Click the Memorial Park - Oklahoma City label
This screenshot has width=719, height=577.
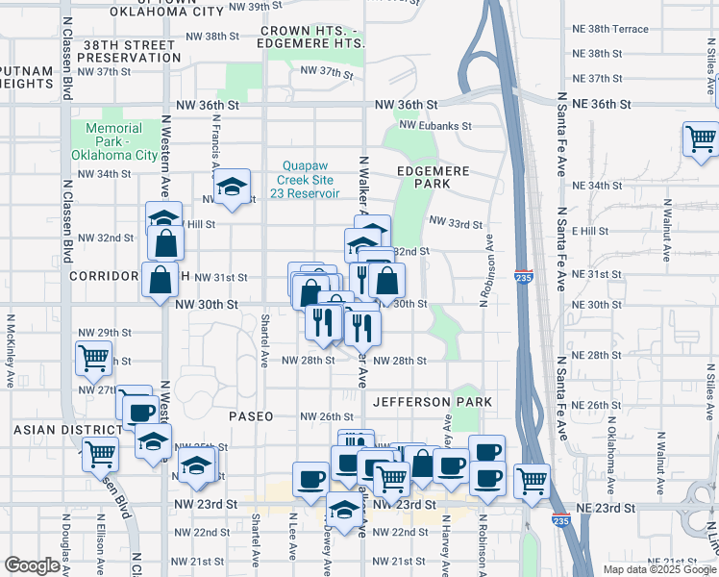[x=120, y=141]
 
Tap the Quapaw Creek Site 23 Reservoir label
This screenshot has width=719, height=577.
[x=309, y=179]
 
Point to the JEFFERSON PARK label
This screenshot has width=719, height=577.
[x=433, y=402]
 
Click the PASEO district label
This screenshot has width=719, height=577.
[x=251, y=416]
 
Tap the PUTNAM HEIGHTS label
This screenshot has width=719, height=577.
[x=26, y=78]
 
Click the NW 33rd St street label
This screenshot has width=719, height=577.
[x=455, y=224]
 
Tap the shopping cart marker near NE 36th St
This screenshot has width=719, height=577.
[x=701, y=138]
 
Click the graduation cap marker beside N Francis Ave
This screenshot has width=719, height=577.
[x=232, y=188]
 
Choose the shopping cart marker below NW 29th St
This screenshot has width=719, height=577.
[x=94, y=358]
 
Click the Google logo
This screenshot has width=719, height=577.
[x=32, y=566]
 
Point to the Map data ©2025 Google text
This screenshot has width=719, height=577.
[x=658, y=569]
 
